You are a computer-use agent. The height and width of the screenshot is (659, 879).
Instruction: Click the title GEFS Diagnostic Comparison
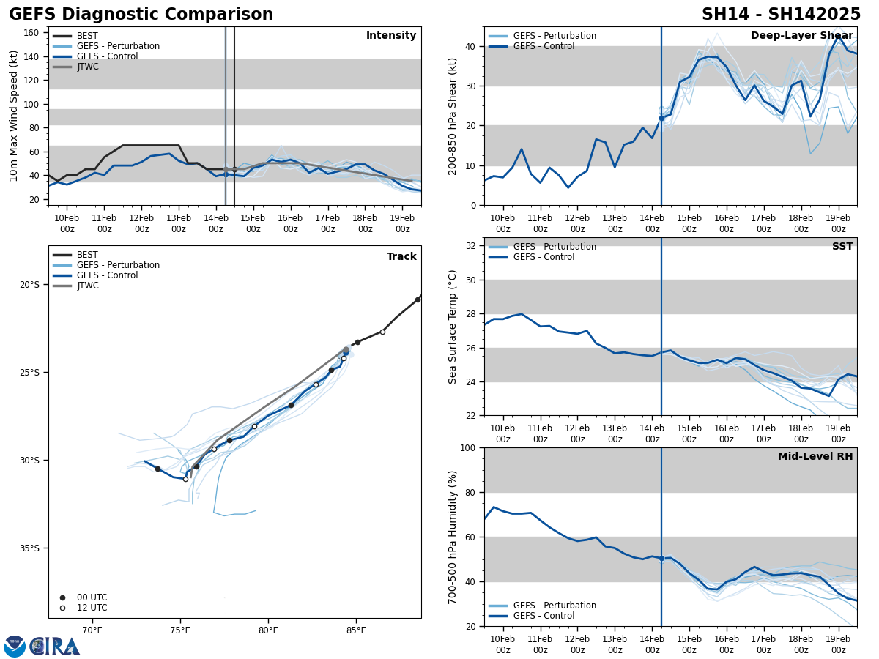tap(141, 15)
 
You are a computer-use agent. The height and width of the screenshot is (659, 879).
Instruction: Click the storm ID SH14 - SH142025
tap(781, 15)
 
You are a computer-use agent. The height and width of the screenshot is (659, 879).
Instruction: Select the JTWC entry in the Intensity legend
tap(87, 67)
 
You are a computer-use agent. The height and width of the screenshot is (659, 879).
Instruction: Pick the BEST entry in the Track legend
tap(87, 255)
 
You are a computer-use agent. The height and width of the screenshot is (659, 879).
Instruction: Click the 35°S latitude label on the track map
tap(29, 548)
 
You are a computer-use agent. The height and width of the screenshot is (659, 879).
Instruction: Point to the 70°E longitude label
tap(92, 630)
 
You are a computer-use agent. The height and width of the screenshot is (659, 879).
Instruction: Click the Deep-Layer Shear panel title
tap(801, 36)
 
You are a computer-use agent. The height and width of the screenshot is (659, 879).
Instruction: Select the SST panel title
tap(842, 247)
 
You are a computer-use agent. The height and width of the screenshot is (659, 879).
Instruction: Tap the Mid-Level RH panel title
tap(815, 457)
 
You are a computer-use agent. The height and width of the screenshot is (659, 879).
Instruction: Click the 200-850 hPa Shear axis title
tap(453, 116)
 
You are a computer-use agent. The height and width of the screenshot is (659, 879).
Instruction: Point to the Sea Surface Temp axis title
tap(453, 327)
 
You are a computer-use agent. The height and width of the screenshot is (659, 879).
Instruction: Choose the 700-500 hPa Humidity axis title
tap(453, 537)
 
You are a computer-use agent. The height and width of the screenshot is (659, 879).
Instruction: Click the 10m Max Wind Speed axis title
tap(15, 116)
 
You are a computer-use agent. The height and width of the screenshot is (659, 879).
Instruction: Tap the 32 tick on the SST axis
tap(472, 246)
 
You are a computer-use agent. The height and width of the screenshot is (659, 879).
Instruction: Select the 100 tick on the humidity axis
tap(469, 447)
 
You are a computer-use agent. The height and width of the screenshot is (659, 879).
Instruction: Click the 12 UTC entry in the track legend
tap(90, 608)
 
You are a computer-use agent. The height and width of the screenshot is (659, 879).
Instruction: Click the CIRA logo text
tap(55, 646)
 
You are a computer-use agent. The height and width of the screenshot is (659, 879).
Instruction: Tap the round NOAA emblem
tap(15, 646)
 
